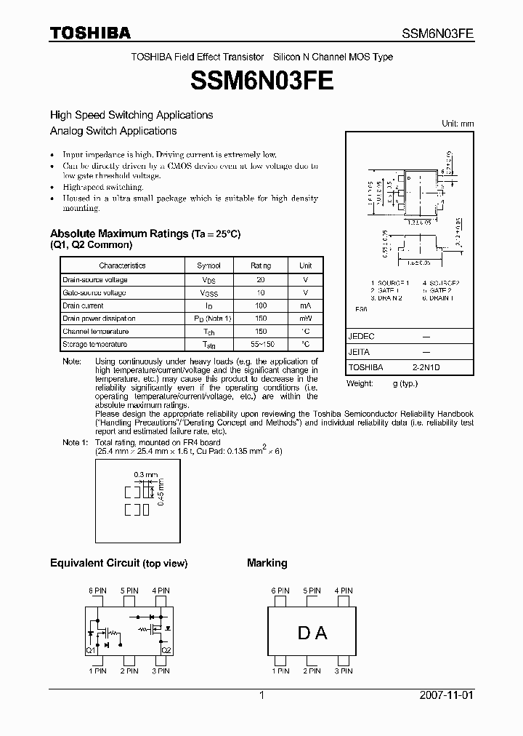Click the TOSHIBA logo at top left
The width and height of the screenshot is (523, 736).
click(90, 33)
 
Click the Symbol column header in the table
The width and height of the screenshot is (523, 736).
click(208, 266)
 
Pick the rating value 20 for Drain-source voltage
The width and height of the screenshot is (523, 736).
click(260, 280)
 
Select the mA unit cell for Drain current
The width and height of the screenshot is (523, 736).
click(305, 305)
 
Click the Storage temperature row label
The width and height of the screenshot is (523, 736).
click(95, 344)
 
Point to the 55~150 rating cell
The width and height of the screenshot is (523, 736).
click(260, 344)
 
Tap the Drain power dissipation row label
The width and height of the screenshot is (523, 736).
click(99, 319)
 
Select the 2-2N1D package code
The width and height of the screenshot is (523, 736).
click(427, 368)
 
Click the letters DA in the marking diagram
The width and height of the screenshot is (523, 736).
click(312, 633)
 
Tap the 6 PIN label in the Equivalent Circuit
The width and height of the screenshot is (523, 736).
click(97, 591)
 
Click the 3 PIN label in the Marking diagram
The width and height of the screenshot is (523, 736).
click(344, 671)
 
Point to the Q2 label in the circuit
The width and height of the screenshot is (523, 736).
click(166, 649)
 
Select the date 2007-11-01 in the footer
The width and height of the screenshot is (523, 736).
click(446, 695)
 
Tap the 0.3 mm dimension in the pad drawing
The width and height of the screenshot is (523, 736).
click(146, 474)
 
